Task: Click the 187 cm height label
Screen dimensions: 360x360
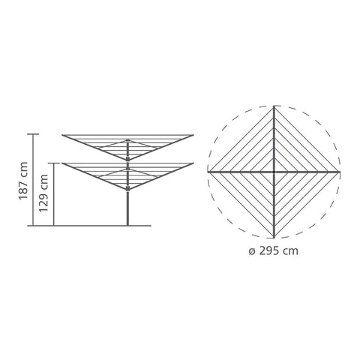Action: (23, 181)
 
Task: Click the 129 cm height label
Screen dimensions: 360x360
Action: (43, 193)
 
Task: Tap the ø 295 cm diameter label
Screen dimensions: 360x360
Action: (274, 250)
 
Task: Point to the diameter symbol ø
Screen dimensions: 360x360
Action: (252, 251)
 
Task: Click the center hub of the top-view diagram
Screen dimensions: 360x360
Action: (274, 172)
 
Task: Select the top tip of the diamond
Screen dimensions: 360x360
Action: (274, 106)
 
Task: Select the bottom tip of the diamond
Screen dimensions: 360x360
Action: (274, 238)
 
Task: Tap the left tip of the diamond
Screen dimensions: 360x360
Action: (208, 172)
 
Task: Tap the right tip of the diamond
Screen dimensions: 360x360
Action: (340, 172)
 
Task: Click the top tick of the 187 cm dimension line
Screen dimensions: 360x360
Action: (33, 134)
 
